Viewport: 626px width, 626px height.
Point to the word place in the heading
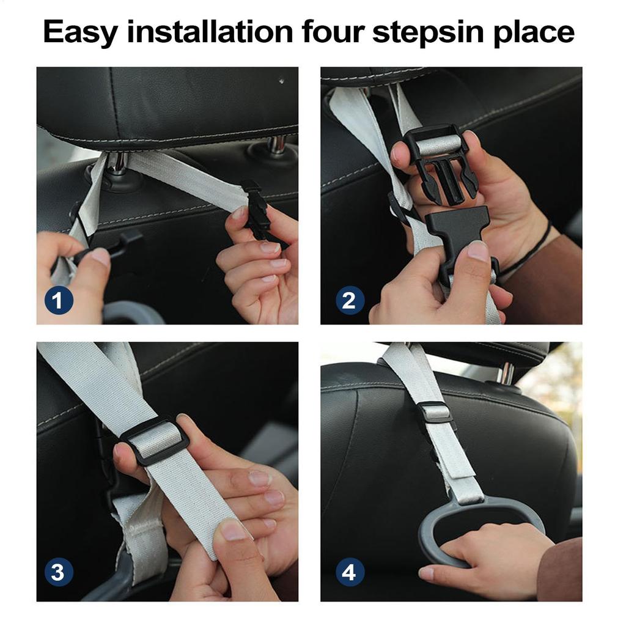coord(536,32)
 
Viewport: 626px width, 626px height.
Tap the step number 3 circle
coord(59,573)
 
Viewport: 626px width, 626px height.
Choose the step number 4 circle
coord(350,573)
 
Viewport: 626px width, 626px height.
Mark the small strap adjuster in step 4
coord(436,412)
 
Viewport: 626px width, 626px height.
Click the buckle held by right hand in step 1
coord(258,208)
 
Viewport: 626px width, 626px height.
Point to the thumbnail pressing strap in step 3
coord(234,530)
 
